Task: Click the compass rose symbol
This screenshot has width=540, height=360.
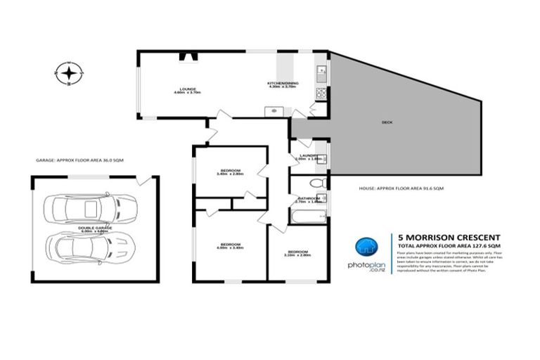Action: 68,72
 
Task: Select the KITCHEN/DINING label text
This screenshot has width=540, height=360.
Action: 283,84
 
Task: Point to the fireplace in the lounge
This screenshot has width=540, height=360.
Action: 186,58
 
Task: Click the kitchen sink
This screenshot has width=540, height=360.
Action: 321,70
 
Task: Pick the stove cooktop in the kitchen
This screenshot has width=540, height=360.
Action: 321,91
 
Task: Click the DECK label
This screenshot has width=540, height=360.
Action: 386,122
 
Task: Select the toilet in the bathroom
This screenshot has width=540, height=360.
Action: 317,184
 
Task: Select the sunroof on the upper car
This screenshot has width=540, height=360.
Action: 90,209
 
